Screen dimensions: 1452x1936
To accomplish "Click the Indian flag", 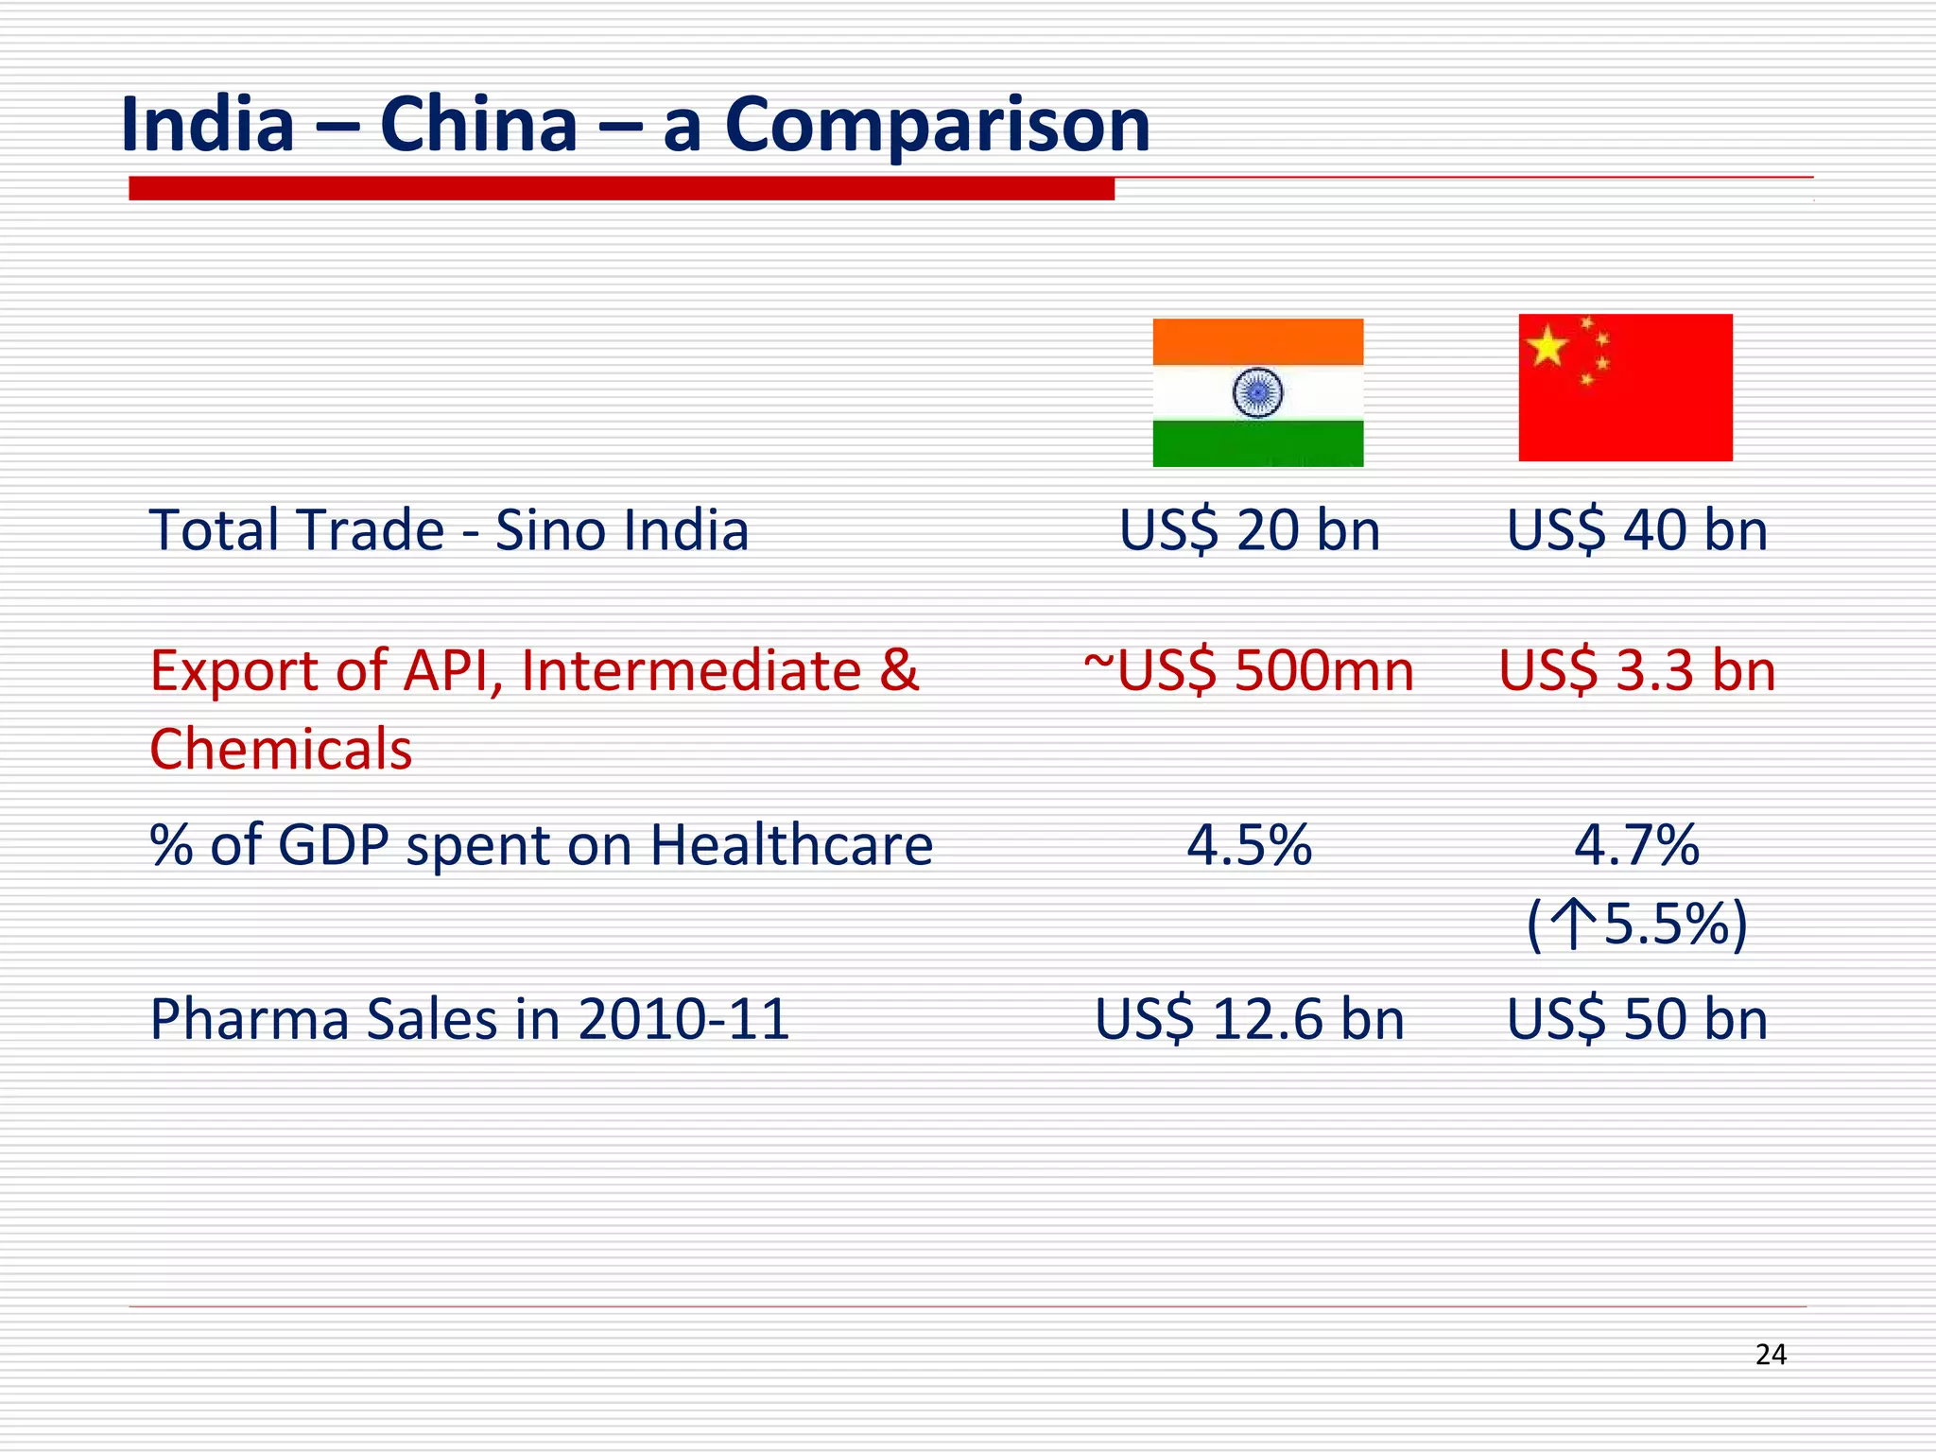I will click(x=1257, y=392).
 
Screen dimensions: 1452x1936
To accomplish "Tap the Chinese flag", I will click(x=1625, y=388).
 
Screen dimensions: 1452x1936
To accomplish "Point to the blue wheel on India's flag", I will click(x=1257, y=392).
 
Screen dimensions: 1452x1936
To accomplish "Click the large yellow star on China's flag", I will click(x=1547, y=346).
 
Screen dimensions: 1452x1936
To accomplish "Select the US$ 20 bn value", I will click(x=1249, y=529).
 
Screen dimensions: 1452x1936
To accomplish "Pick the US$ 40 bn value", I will click(x=1636, y=529).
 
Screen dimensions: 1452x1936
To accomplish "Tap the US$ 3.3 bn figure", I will click(x=1636, y=671).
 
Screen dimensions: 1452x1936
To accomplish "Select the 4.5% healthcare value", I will click(x=1249, y=844).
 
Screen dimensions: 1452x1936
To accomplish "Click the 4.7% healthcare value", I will click(x=1636, y=844).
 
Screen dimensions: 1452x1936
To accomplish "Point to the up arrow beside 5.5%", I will click(x=1574, y=924).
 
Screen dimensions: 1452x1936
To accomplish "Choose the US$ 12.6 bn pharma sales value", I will click(x=1249, y=1019).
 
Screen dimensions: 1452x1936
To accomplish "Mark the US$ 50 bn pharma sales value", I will click(x=1636, y=1019).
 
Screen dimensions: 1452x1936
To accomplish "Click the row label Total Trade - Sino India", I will click(x=449, y=529).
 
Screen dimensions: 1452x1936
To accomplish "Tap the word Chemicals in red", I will click(x=281, y=750).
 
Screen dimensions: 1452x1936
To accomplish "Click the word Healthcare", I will click(x=791, y=844).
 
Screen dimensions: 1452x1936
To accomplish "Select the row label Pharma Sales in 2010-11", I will click(x=470, y=1019).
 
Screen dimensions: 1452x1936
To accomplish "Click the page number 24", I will click(x=1771, y=1355).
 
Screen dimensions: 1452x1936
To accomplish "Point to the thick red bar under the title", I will click(x=621, y=189).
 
